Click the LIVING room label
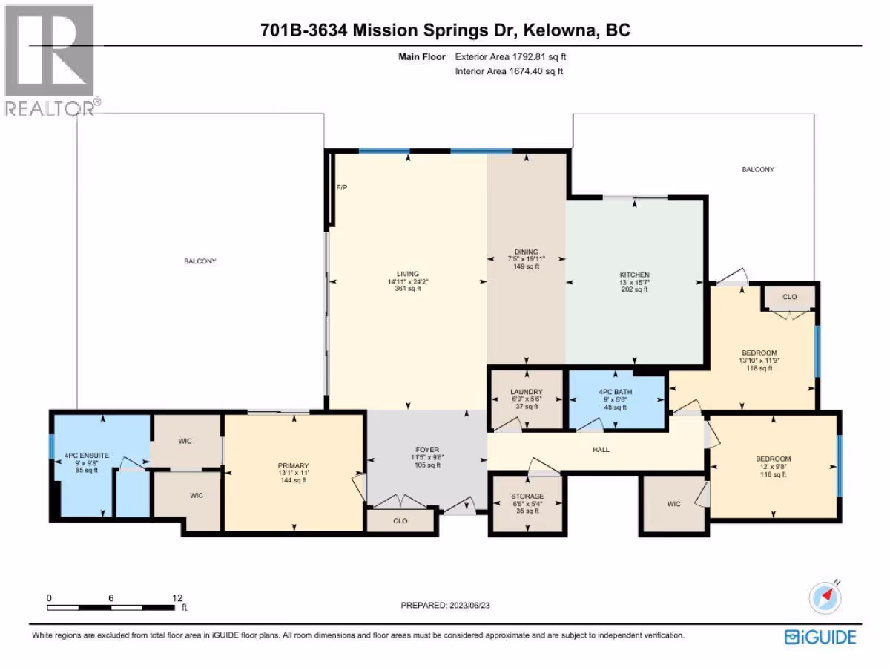click(x=408, y=274)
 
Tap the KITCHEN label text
click(x=635, y=275)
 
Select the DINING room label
click(x=527, y=252)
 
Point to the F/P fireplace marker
click(x=342, y=187)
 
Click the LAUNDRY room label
click(x=527, y=392)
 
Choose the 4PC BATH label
click(x=616, y=392)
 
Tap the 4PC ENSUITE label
click(x=87, y=456)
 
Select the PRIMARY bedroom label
click(x=293, y=465)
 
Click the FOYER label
click(x=427, y=449)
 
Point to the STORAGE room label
click(x=527, y=496)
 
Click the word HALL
click(x=601, y=449)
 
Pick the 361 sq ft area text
click(x=408, y=289)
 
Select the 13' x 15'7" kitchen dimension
click(x=635, y=282)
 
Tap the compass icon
click(x=825, y=597)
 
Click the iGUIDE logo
click(x=820, y=637)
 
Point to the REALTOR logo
click(x=50, y=60)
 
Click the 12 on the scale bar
click(x=177, y=597)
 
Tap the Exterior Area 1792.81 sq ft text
click(x=510, y=57)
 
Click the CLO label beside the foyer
click(x=400, y=521)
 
